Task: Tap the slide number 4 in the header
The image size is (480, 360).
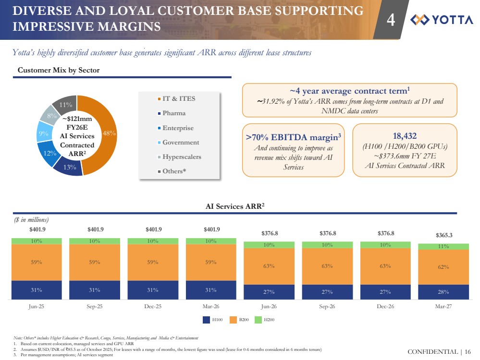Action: point(391,20)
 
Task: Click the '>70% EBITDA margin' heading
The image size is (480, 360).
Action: point(293,137)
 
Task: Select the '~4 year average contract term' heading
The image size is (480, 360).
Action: point(343,91)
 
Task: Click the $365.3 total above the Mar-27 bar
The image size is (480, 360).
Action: point(443,235)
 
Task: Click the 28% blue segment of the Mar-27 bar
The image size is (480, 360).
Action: point(443,292)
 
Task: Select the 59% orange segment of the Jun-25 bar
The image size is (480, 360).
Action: point(37,263)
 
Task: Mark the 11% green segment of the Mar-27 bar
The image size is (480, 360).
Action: point(443,247)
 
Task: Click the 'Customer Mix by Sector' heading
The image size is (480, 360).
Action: point(59,70)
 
